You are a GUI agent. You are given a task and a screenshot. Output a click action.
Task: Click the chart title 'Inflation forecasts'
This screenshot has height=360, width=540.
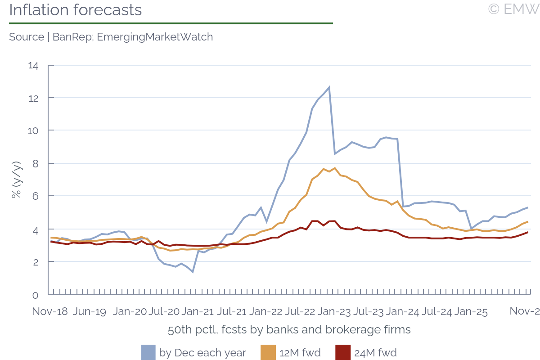pyautogui.click(x=75, y=10)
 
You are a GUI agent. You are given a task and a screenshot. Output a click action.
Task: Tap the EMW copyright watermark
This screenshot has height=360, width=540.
pyautogui.click(x=513, y=9)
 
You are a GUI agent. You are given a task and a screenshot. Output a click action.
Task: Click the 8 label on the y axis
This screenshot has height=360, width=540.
pyautogui.click(x=36, y=163)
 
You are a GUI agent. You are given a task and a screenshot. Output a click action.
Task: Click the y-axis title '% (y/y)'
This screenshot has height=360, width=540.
pyautogui.click(x=16, y=180)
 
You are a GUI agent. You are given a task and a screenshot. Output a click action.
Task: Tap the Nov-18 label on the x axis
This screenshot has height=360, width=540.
pyautogui.click(x=50, y=312)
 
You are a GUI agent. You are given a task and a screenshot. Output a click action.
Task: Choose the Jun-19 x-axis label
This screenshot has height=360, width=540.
pyautogui.click(x=90, y=312)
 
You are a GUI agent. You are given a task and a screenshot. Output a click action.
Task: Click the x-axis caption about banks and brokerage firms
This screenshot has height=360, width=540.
pyautogui.click(x=289, y=330)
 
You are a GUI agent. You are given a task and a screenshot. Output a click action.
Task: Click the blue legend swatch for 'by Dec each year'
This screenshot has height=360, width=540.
pyautogui.click(x=148, y=352)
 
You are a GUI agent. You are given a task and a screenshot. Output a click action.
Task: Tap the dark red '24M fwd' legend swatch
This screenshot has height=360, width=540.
pyautogui.click(x=342, y=352)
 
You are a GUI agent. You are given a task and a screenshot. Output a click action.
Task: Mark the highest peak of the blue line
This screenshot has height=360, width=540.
pyautogui.click(x=329, y=87)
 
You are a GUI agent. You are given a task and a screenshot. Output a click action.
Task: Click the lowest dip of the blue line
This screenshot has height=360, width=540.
pyautogui.click(x=193, y=272)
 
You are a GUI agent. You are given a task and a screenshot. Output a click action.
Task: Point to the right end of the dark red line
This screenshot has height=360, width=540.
pyautogui.click(x=527, y=232)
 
